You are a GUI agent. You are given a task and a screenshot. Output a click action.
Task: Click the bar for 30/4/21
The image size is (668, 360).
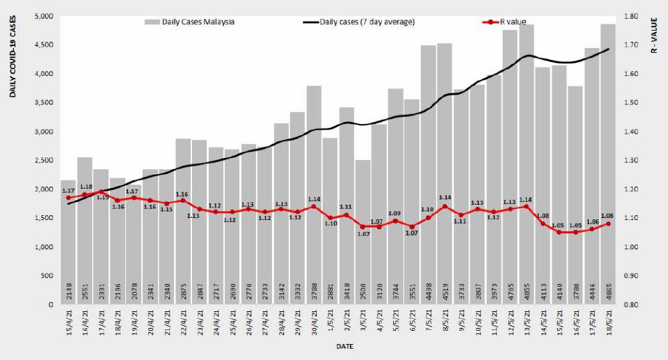click(x=314, y=195)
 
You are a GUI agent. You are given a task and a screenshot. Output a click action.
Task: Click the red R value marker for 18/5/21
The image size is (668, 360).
click(x=609, y=224)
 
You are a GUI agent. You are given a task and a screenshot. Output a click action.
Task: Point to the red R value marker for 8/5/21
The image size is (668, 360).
click(x=445, y=207)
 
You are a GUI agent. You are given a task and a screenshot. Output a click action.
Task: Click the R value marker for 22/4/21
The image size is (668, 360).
click(x=183, y=201)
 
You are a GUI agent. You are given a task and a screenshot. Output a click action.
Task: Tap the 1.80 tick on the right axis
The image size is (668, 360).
click(x=631, y=16)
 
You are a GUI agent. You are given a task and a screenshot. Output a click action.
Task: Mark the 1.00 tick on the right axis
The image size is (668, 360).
click(x=631, y=247)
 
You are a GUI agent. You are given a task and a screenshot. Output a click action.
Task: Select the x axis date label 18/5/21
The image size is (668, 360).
click(x=609, y=324)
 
